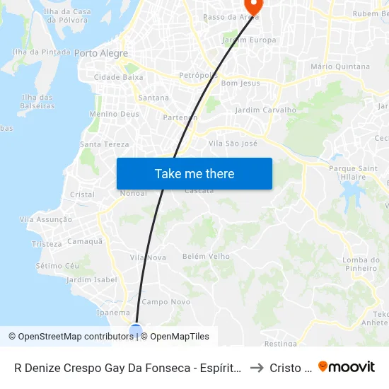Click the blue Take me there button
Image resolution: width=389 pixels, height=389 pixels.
click(x=194, y=173)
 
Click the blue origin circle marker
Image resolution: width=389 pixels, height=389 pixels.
click(x=136, y=330)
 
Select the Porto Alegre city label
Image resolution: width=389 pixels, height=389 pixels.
click(x=101, y=53)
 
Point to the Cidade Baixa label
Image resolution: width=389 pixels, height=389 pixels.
click(x=118, y=77)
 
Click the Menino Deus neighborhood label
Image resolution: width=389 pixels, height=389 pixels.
click(x=114, y=113)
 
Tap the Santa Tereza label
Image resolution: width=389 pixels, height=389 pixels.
click(x=105, y=144)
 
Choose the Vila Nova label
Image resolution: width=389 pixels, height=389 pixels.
click(x=148, y=257)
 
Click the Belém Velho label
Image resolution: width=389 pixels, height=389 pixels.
click(x=206, y=257)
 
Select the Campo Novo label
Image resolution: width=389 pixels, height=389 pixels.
click(x=166, y=302)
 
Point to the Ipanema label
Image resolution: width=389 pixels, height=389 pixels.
click(x=113, y=313)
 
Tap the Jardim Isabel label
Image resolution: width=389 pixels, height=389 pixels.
click(x=91, y=280)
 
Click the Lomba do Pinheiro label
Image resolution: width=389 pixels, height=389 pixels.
click(x=360, y=264)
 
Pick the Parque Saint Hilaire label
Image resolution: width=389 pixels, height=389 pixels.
click(x=353, y=173)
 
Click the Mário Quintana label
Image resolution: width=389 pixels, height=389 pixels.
click(x=340, y=66)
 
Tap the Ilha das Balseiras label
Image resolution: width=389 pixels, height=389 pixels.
click(x=38, y=101)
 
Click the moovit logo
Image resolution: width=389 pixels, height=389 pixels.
click(x=347, y=366)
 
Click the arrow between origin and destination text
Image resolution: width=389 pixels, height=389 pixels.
click(x=257, y=368)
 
